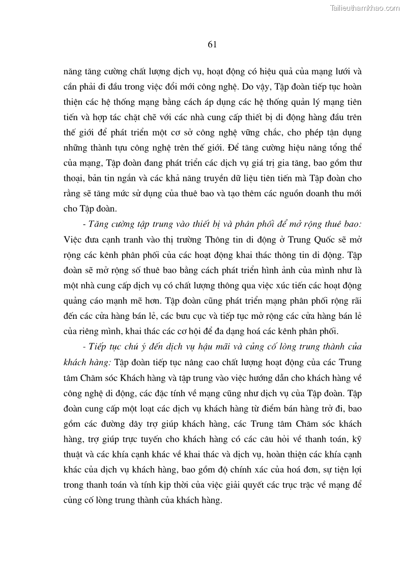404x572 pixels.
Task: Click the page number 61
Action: (x=213, y=44)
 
